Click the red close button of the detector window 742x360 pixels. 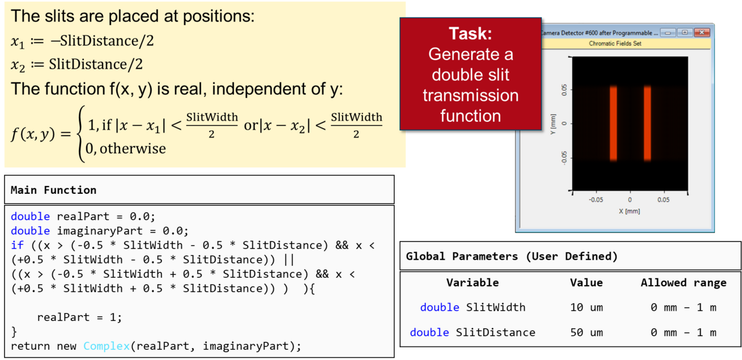coord(702,32)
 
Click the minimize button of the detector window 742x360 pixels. coord(668,32)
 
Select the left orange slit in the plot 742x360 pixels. coord(614,124)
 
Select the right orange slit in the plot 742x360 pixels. coord(647,124)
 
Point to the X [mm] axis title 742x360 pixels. coord(629,211)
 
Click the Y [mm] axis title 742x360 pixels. coord(553,124)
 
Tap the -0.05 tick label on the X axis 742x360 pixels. coord(596,200)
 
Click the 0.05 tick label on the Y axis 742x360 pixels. coord(564,90)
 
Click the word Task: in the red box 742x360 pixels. coord(470,34)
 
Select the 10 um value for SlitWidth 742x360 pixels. coord(586,307)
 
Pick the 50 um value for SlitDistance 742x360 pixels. coord(586,332)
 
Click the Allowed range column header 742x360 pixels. coord(683,283)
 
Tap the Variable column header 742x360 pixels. coord(472,283)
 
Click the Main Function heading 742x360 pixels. coord(53,190)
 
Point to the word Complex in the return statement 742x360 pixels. coord(106,346)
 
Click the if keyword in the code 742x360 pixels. coord(17,245)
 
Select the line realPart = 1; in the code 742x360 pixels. coord(80,317)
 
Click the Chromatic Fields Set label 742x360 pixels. coord(615,43)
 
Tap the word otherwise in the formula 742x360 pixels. coord(133,149)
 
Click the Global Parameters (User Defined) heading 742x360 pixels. coord(512,256)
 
